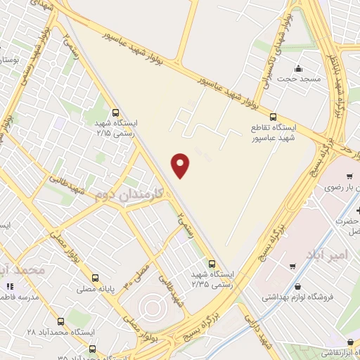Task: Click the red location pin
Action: [181, 165]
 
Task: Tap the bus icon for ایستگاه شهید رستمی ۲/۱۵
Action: [115, 112]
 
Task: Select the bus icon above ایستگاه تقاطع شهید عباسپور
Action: [273, 117]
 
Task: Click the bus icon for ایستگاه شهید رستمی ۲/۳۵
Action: [213, 264]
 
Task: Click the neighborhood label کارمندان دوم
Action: [129, 193]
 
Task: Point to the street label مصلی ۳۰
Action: [137, 272]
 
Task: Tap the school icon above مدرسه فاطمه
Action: [10, 286]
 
